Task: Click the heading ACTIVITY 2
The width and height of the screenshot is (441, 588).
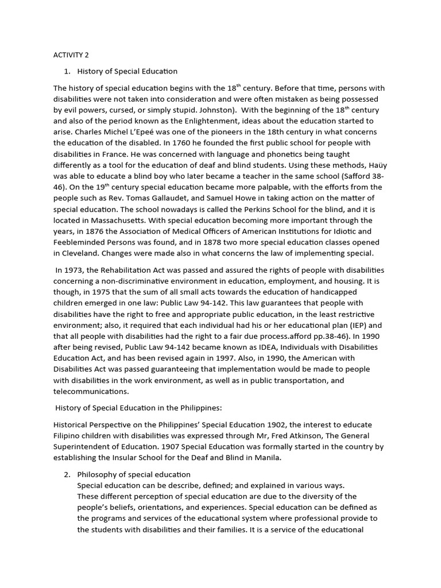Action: tap(71, 55)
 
